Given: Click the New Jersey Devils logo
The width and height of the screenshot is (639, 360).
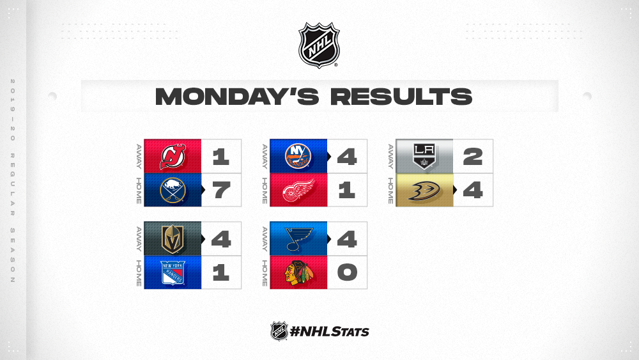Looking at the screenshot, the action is tap(173, 157).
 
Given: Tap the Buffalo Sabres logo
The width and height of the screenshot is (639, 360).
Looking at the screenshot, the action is tap(173, 190).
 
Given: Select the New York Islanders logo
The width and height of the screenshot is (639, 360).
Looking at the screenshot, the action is tap(298, 156).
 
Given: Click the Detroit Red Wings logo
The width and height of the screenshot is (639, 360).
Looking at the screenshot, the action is tap(298, 190).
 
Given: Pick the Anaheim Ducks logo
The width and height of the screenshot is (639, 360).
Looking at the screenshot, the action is tap(424, 191).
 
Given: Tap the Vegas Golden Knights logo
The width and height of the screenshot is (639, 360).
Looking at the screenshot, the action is tap(173, 239).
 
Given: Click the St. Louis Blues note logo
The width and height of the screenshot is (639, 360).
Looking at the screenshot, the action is tap(298, 239).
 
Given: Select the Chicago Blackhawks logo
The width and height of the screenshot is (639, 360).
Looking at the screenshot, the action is tap(298, 272).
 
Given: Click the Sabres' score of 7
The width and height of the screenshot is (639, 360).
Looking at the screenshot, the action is tap(221, 191).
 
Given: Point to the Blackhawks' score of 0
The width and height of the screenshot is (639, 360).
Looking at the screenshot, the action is tap(347, 272).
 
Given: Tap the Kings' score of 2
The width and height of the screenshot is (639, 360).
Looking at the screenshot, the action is tap(473, 157).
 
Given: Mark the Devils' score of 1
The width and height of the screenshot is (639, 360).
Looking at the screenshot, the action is tap(221, 157).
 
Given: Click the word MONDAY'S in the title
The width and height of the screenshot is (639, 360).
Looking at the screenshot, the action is tap(237, 97).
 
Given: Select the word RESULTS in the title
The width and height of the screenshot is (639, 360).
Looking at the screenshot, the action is tap(401, 97).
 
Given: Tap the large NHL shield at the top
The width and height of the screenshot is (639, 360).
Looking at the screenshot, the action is tap(319, 45).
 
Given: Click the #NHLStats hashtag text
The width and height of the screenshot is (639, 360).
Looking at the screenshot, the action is tap(329, 331).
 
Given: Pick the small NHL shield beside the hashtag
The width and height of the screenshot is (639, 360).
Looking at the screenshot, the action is tap(279, 331).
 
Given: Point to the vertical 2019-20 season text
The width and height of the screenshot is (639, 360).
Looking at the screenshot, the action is tap(13, 180).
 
